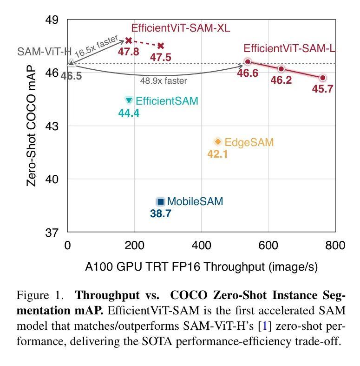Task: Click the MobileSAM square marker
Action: (x=161, y=201)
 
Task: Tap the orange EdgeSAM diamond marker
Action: (x=217, y=142)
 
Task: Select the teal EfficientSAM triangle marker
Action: (x=129, y=100)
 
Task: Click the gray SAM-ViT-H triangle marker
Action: (x=71, y=63)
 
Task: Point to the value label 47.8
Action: (x=128, y=52)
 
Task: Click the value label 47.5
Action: (x=160, y=57)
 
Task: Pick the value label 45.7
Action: (x=322, y=89)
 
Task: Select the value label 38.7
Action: (x=161, y=214)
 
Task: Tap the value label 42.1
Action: (x=217, y=154)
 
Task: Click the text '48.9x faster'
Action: (x=164, y=81)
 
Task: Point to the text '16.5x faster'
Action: (x=97, y=47)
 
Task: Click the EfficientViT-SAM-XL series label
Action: (x=180, y=28)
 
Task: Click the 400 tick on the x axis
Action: (x=201, y=245)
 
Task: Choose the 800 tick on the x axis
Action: (x=335, y=245)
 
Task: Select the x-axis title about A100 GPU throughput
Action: (x=201, y=266)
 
